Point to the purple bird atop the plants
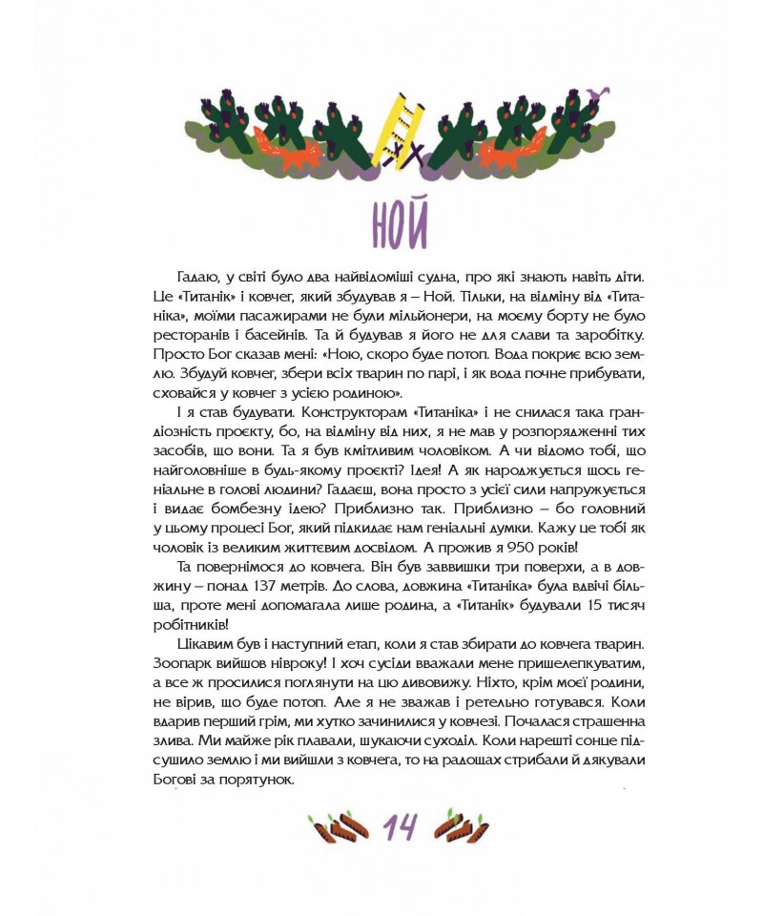(x=599, y=94)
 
